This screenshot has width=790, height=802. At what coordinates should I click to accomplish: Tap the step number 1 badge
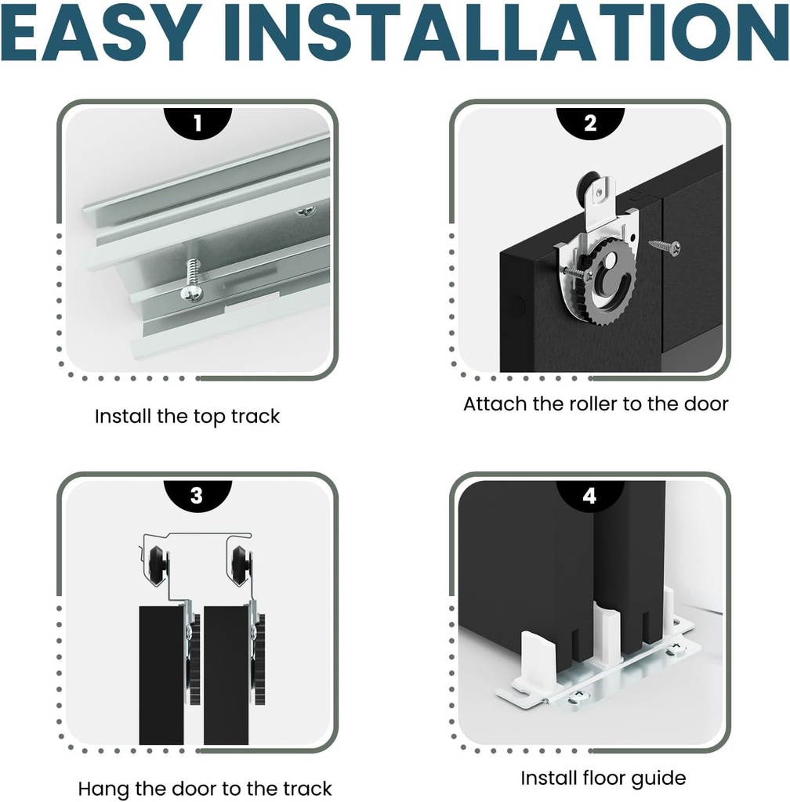pos(197,123)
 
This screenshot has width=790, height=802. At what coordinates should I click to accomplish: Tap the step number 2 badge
pos(590,123)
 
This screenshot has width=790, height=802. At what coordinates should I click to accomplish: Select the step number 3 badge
pos(197,495)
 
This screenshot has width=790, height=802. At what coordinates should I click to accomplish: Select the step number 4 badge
pos(590,495)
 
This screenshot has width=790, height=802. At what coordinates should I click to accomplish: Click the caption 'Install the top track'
pos(187,417)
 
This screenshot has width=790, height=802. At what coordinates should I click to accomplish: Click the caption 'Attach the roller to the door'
pos(596,404)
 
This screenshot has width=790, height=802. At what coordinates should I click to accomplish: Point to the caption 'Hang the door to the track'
pos(205,789)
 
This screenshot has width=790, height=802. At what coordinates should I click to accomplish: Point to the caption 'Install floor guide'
pos(603,778)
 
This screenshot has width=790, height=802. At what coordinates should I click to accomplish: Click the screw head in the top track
pos(191,293)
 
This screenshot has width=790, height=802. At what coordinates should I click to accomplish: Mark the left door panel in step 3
pos(161,675)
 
